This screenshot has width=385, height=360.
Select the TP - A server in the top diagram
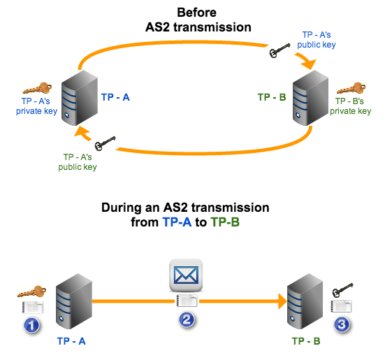(78, 102)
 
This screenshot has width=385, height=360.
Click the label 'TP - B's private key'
(350, 106)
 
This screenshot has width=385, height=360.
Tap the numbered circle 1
(31, 325)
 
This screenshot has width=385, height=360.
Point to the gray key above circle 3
(340, 291)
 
